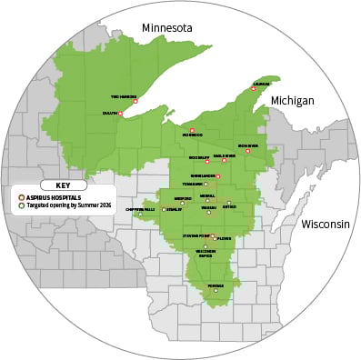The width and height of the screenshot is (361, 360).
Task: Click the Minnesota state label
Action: (x=167, y=28)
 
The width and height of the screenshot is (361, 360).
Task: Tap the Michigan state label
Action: (x=292, y=100)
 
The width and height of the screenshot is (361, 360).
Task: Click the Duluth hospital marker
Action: (x=121, y=114)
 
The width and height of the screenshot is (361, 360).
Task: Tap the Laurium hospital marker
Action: (x=254, y=89)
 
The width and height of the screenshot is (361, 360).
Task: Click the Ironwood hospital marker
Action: (x=192, y=130)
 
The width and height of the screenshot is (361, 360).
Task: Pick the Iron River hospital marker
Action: (x=247, y=151)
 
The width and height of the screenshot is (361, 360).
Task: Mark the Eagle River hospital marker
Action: (x=224, y=161)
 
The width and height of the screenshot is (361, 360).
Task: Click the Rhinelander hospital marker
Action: (x=218, y=175)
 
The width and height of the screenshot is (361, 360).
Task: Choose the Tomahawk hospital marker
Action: (x=206, y=185)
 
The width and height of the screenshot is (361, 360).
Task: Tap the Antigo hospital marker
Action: (x=229, y=203)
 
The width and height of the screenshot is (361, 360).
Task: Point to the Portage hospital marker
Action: (x=216, y=291)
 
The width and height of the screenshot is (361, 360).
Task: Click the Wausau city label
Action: (x=208, y=207)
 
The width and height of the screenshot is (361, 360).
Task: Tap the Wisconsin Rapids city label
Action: (x=206, y=255)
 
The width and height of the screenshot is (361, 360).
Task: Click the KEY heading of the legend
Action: (x=63, y=185)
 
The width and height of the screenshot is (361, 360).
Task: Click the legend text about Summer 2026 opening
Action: (x=63, y=206)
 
